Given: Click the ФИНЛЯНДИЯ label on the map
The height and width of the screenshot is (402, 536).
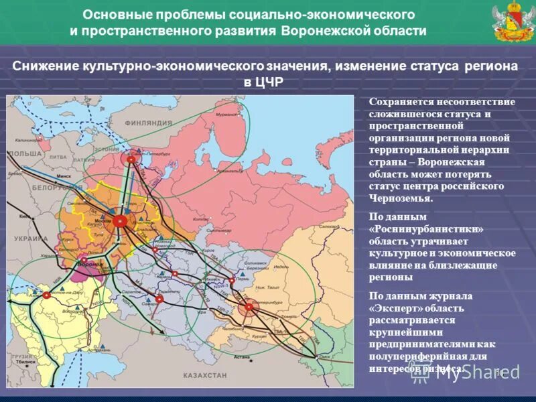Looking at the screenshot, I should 148,123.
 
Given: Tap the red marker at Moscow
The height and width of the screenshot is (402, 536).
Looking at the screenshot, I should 120,220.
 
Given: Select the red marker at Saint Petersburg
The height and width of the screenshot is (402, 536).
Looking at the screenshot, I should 130,160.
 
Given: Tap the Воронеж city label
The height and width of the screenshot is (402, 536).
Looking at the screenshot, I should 90,263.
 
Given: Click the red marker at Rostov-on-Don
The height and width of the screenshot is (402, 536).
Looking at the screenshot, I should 46,295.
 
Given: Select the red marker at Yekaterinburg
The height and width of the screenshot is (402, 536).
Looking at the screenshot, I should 249,307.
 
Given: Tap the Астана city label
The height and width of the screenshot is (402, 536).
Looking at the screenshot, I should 261,356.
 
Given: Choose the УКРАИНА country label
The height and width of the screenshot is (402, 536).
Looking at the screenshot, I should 26,239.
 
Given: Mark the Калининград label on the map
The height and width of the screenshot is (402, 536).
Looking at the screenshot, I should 27,140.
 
